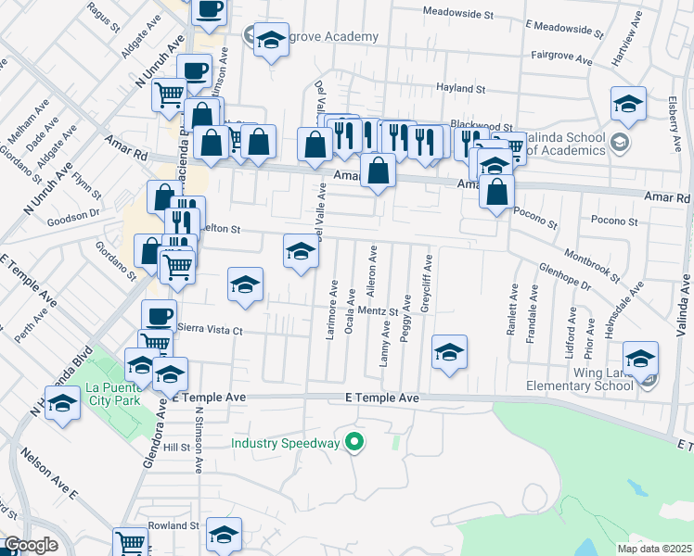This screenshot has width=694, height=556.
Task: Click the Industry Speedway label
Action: click(x=286, y=443)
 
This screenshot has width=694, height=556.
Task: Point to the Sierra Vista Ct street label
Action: click(x=210, y=330)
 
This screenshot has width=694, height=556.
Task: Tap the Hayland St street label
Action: click(x=461, y=89)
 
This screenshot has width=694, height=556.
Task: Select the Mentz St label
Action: click(x=393, y=311)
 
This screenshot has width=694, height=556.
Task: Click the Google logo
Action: click(x=31, y=545)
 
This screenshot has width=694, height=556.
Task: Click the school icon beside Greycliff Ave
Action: click(x=449, y=352)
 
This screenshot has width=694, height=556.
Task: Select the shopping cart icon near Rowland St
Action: click(x=130, y=543)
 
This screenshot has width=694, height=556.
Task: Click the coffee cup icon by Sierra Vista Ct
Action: click(x=159, y=315)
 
